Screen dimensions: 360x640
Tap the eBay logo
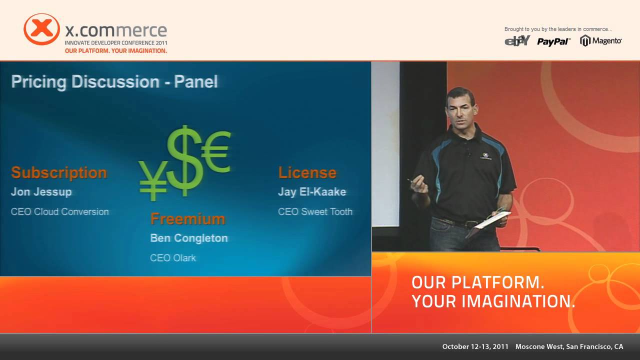(517, 41)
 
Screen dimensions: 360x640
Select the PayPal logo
(553, 41)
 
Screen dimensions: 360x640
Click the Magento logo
(601, 41)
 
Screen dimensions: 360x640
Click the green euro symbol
(216, 151)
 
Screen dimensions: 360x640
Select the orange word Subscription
(59, 172)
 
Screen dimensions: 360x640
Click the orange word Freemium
(187, 219)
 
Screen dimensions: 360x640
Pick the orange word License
(307, 172)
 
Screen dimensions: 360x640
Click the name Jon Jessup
(41, 192)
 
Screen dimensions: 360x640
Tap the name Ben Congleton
(189, 238)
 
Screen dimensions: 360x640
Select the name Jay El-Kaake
(312, 192)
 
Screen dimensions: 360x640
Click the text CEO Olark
(173, 258)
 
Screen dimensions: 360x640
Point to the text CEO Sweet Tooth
(315, 211)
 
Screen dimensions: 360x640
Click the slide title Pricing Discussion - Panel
(114, 82)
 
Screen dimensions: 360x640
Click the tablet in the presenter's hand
(492, 219)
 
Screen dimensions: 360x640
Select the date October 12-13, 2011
(475, 346)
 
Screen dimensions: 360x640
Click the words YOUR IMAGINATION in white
(493, 301)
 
